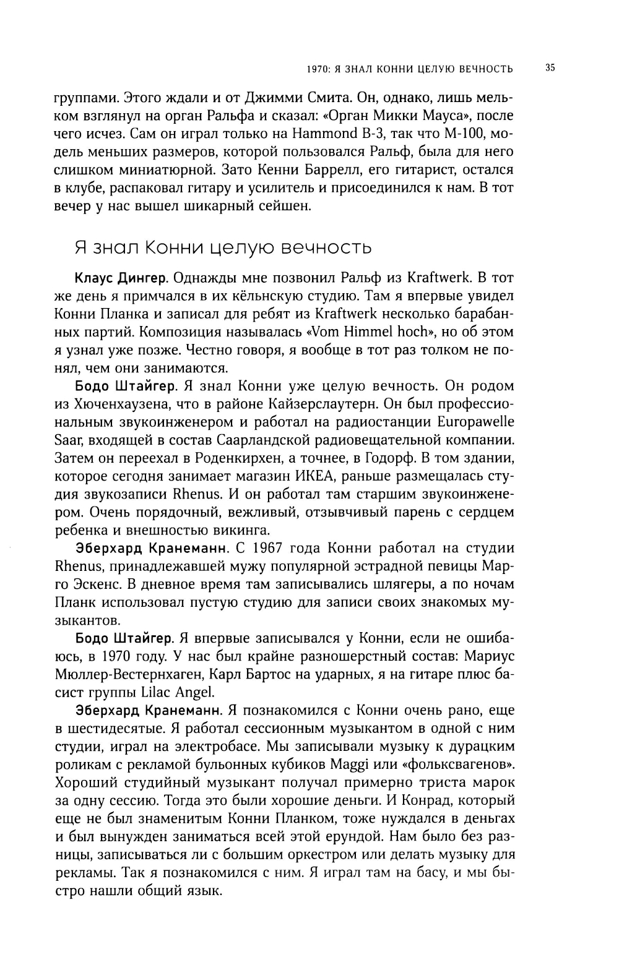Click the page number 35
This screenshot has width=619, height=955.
pos(550,67)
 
